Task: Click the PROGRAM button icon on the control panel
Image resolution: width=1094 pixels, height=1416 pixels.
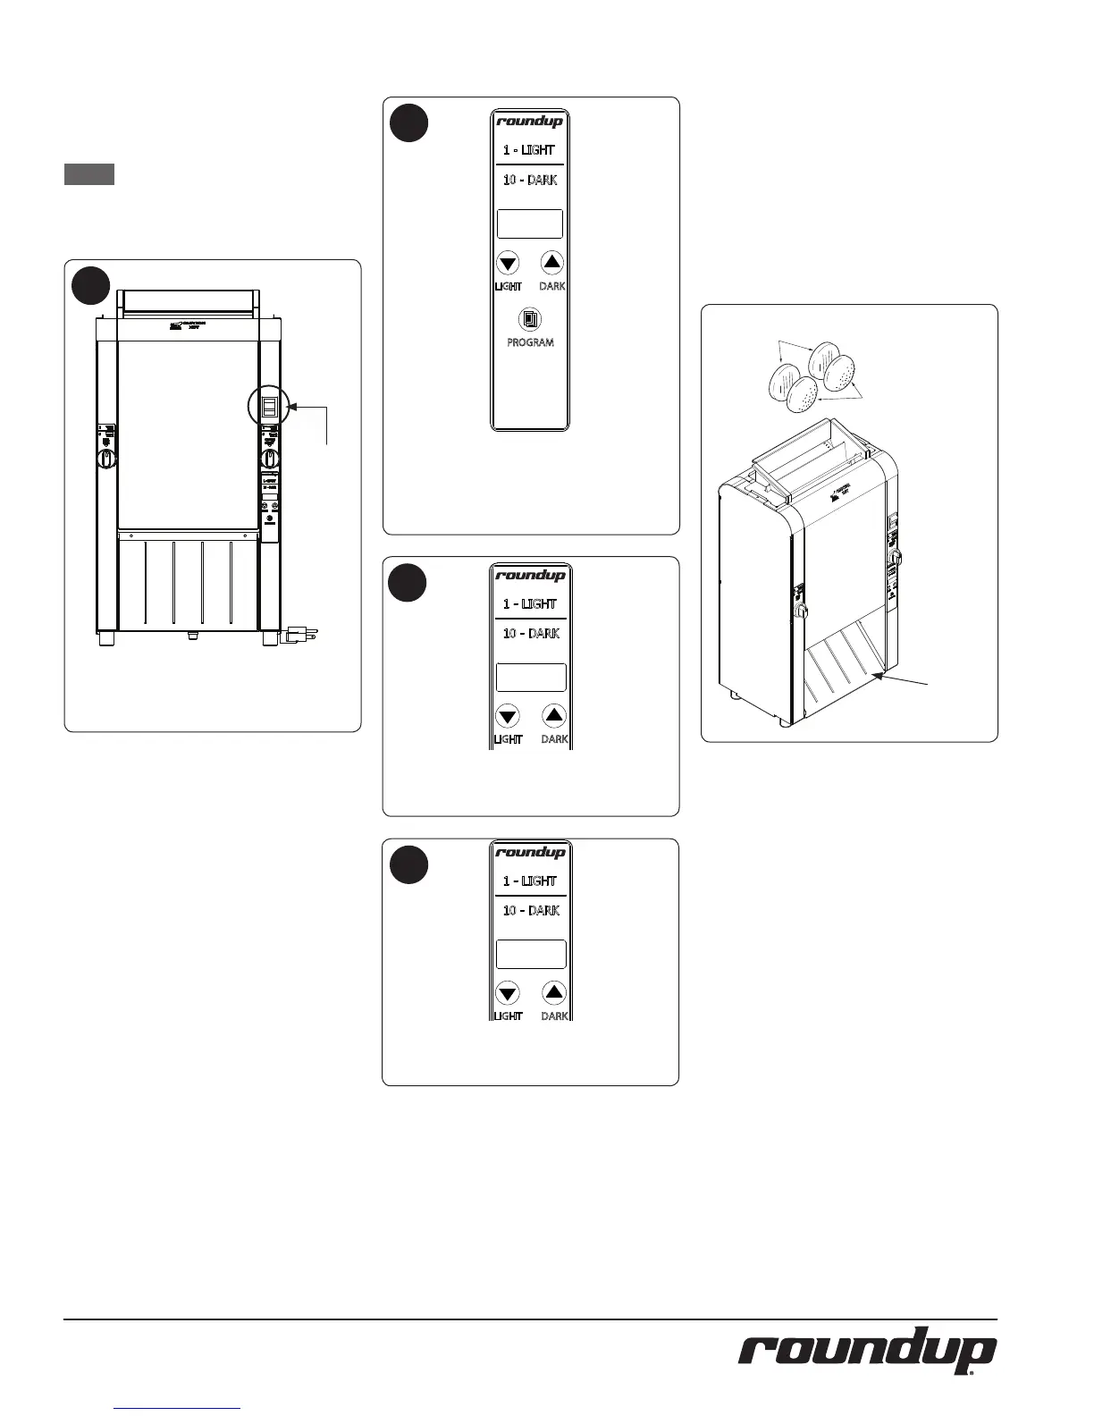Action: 531,319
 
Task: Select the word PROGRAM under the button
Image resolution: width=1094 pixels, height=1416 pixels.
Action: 530,342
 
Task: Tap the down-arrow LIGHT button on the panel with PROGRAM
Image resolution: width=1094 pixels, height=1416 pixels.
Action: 508,263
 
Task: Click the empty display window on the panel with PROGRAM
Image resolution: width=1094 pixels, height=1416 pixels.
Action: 530,223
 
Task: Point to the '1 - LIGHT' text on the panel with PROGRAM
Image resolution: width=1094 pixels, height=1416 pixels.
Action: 529,150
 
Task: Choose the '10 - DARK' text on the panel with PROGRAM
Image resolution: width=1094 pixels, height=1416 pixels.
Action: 530,180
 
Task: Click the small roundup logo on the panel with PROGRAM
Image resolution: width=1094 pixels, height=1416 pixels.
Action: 530,122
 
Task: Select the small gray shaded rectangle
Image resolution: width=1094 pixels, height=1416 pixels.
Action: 89,174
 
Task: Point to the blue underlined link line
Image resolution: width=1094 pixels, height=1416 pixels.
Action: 178,1408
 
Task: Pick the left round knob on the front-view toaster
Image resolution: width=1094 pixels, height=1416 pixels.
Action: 105,459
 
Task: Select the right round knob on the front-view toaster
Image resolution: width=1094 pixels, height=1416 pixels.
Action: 269,459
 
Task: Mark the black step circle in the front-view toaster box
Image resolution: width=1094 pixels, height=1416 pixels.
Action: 91,286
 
